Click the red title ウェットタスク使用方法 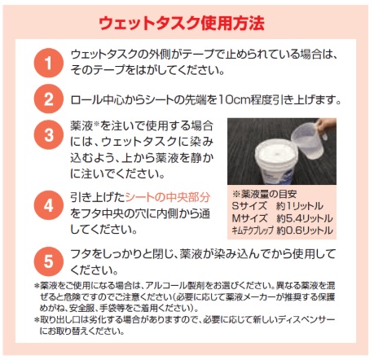(x=182, y=24)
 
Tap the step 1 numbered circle (x=49, y=63)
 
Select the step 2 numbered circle (x=49, y=99)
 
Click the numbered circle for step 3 (x=49, y=134)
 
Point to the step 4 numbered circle (x=49, y=205)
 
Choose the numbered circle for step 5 (x=49, y=261)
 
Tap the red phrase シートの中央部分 (x=168, y=198)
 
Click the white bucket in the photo (x=275, y=161)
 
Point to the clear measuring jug (x=307, y=141)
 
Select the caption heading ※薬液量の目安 (x=264, y=194)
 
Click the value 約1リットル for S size (x=300, y=206)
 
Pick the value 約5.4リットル (x=305, y=218)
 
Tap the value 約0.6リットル (x=305, y=230)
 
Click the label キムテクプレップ (x=253, y=230)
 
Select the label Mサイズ (x=249, y=218)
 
